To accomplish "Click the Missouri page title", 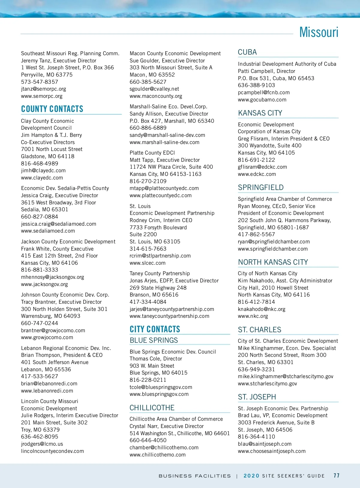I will tap(319, 32).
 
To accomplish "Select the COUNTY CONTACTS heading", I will tap(52, 109).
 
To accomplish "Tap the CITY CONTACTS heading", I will tap(155, 329).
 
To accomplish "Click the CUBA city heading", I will tap(247, 52).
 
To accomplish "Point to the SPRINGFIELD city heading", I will tap(261, 188).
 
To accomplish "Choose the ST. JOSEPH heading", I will tap(257, 397).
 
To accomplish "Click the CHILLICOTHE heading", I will tap(152, 408).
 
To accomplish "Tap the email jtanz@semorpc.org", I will tap(43, 89).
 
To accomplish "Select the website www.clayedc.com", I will tap(42, 178).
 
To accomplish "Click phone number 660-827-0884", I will tap(40, 217).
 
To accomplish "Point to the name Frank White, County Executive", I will tap(57, 249).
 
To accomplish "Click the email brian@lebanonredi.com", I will tap(49, 384).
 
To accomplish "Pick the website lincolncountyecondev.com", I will tap(52, 451).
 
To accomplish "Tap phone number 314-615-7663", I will tap(148, 249).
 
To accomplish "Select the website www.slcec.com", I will tap(148, 263).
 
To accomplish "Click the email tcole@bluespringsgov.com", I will tap(161, 387).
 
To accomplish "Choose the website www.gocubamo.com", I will tap(262, 100).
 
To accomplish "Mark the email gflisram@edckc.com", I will tap(262, 167).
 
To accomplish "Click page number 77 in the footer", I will tap(337, 476).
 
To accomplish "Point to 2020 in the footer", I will tap(251, 476).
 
